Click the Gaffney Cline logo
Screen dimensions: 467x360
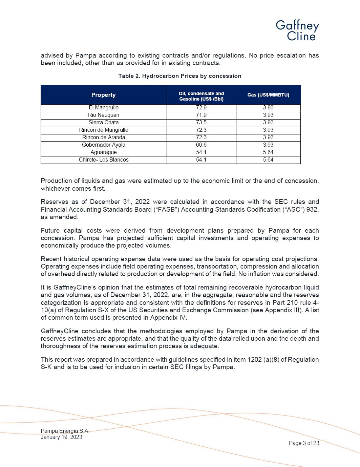coord(297,30)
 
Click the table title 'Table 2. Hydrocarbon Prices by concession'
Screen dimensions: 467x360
coord(179,76)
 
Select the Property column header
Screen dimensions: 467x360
coord(103,95)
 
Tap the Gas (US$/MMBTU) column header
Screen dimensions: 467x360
coord(268,95)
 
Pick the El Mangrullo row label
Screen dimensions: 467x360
coord(104,108)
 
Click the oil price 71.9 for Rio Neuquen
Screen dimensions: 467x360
coord(201,115)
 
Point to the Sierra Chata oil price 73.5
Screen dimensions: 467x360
coord(201,123)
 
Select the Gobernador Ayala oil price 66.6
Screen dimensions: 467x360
coord(201,145)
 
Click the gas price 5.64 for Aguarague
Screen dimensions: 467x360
coord(268,152)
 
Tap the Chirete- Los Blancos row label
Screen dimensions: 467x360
coord(104,160)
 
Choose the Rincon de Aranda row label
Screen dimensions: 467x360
coord(104,137)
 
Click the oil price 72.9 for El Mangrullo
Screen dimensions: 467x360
coord(201,108)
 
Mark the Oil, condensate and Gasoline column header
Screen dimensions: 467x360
coord(201,96)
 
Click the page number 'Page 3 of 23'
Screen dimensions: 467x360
coord(304,443)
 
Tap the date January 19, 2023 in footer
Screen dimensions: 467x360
coord(61,437)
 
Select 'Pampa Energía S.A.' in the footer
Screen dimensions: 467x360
coord(65,431)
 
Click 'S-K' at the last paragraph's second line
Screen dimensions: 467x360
coord(46,367)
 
